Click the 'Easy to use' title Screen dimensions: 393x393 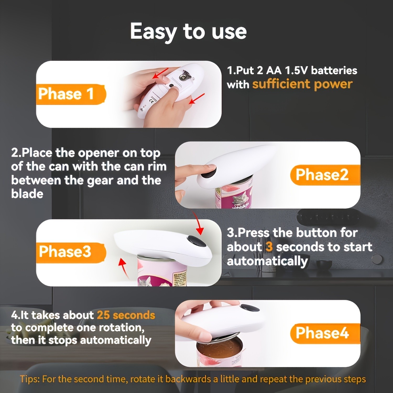click(x=188, y=31)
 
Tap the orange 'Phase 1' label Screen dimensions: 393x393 click(x=66, y=94)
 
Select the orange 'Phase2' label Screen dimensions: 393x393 click(x=322, y=175)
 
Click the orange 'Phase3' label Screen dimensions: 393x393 click(x=65, y=252)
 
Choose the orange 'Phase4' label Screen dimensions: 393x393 click(x=322, y=333)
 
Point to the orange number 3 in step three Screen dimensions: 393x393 click(x=269, y=247)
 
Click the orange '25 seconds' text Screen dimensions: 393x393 click(x=126, y=315)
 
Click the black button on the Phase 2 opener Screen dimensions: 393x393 click(x=209, y=171)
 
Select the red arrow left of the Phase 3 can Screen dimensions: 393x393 click(x=124, y=267)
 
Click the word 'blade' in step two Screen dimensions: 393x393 click(x=27, y=194)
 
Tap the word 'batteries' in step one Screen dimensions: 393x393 click(x=334, y=70)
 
